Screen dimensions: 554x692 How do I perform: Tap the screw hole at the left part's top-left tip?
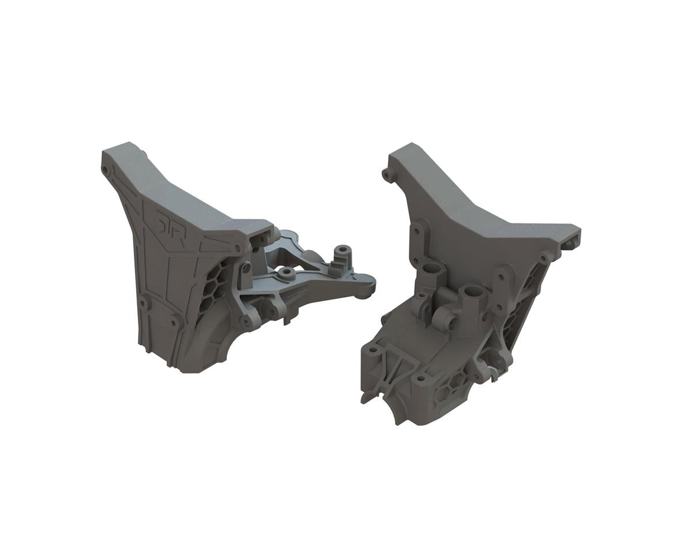point(106,169)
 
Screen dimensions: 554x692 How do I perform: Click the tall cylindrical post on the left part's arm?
point(343,252)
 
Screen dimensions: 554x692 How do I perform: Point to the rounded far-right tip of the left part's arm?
point(369,284)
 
